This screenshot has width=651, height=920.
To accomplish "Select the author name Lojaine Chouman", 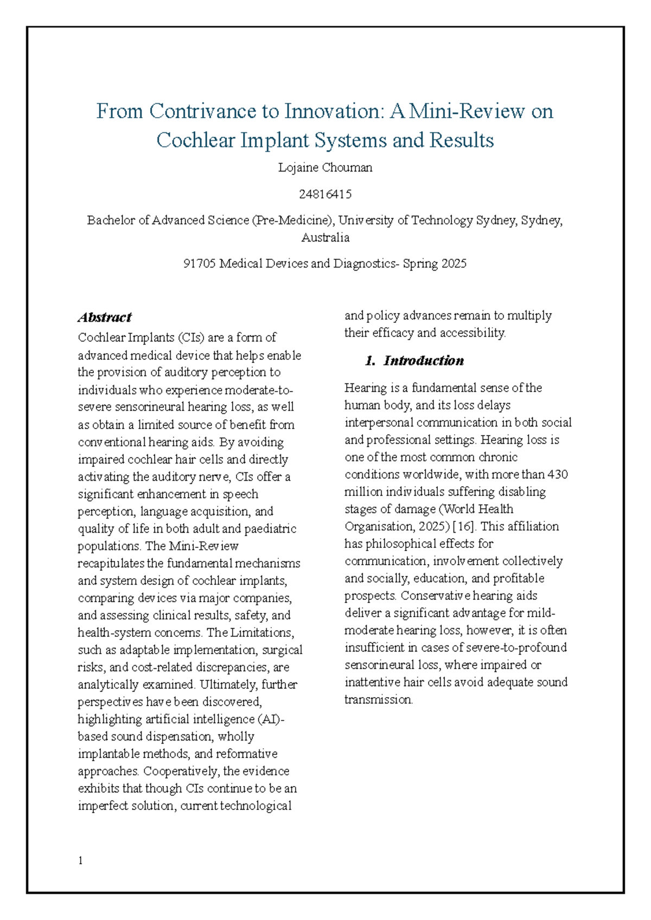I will point(325,168).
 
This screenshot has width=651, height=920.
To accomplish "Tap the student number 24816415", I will point(325,194).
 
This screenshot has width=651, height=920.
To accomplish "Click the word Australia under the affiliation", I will point(325,238).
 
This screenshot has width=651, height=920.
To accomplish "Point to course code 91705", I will point(200,264).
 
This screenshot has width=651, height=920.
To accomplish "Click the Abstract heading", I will point(105,317).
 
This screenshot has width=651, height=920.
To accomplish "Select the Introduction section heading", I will point(423,361).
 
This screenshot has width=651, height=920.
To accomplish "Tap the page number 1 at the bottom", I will point(80,861).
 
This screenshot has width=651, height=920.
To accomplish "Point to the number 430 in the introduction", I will point(557,474).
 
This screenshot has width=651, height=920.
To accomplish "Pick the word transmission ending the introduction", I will point(378,700).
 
